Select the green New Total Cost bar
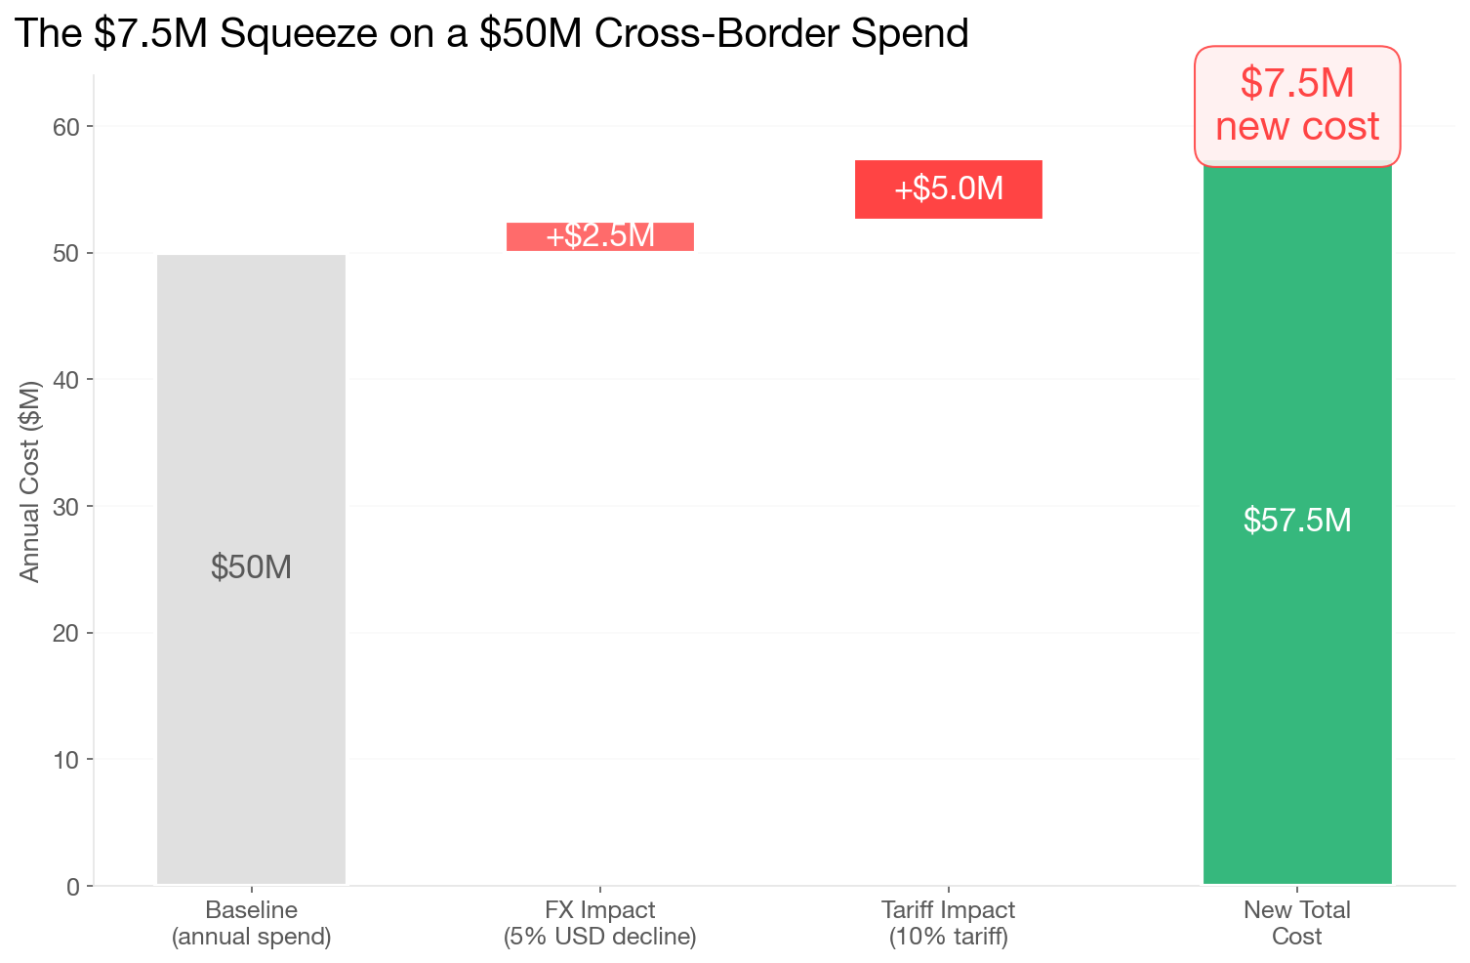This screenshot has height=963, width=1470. click(1297, 684)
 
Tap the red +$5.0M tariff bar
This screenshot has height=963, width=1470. click(949, 188)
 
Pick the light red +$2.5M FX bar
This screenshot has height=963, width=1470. click(600, 236)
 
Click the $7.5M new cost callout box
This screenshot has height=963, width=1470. click(1297, 105)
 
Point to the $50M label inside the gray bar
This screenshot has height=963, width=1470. click(251, 567)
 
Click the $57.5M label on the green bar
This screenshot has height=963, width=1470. click(1297, 521)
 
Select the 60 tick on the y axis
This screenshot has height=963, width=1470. click(67, 127)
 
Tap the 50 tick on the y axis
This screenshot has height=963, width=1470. click(67, 253)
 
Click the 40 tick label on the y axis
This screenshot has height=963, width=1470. click(67, 380)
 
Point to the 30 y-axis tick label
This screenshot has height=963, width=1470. click(67, 507)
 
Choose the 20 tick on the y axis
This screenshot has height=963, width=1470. click(67, 633)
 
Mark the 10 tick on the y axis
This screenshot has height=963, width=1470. click(67, 760)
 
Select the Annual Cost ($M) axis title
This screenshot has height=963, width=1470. click(30, 481)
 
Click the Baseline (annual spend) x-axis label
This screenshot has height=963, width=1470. click(251, 924)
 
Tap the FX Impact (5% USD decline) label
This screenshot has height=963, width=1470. click(600, 924)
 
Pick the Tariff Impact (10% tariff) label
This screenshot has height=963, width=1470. click(949, 924)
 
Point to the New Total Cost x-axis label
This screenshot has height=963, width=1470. click(1297, 924)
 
